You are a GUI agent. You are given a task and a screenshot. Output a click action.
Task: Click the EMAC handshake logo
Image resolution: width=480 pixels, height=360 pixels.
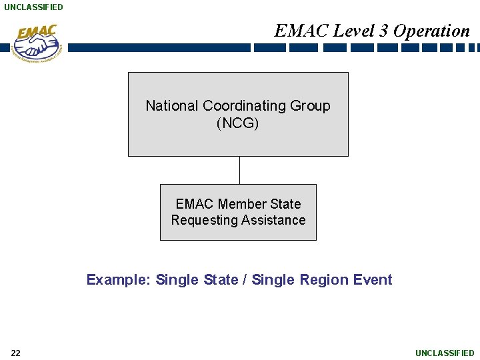37,43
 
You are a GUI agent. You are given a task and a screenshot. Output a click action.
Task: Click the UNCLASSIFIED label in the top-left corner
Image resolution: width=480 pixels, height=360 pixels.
33,7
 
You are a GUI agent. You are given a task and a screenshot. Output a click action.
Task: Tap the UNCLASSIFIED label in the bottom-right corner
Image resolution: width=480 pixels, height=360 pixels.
445,353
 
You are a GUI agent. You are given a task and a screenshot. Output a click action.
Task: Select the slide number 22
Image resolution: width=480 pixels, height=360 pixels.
15,353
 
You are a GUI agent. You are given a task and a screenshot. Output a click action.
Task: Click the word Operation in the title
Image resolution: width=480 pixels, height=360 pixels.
431,31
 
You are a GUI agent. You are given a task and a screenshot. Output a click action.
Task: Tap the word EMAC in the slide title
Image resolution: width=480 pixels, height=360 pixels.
301,31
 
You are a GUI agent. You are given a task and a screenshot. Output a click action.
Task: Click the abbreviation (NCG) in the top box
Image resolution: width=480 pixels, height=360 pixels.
238,123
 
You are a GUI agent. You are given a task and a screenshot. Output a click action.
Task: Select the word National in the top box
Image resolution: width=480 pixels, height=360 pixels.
172,106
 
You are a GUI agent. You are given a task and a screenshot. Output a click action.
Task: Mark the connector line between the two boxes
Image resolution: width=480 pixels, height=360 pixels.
239,170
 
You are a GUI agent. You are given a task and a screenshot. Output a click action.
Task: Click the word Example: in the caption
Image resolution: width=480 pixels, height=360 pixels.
119,280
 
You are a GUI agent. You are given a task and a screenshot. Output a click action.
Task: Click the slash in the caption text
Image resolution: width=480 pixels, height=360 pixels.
245,280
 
